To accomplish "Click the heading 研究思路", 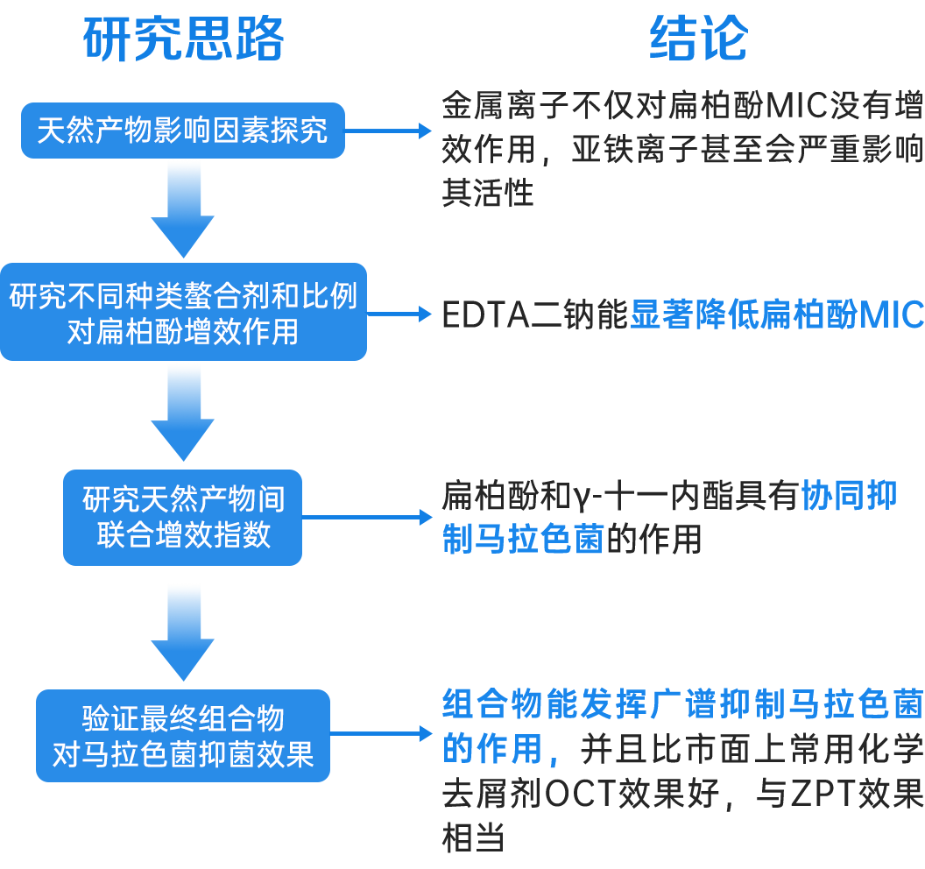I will click(183, 39).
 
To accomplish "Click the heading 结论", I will click(698, 39).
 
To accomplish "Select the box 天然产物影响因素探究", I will click(182, 131).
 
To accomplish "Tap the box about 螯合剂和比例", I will click(183, 312).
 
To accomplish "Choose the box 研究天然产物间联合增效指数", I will click(183, 518).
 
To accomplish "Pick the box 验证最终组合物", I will click(183, 736).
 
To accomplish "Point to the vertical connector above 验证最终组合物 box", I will click(182, 631).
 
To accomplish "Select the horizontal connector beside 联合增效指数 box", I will click(369, 518).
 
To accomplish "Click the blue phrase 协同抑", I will click(849, 498).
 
